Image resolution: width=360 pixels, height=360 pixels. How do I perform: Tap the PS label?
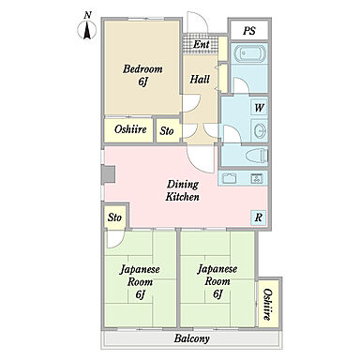pos(249,31)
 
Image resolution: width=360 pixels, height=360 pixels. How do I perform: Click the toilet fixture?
pos(257,156)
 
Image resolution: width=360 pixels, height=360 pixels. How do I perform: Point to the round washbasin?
pos(260,130)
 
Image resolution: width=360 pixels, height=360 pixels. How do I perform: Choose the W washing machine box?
pos(260,108)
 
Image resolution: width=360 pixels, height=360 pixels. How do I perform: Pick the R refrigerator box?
pos(259,217)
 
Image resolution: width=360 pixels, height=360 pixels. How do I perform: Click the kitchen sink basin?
pos(229,178)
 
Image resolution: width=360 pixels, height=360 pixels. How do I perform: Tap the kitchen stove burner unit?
pos(257,178)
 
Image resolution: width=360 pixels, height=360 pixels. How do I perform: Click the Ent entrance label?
pos(201,44)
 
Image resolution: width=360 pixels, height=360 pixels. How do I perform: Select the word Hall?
pos(200,79)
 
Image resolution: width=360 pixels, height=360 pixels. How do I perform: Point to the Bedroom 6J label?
pos(142,75)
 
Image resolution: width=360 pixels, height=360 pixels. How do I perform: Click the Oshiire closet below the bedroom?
pos(129,130)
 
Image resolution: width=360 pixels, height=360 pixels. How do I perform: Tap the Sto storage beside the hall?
pos(167,130)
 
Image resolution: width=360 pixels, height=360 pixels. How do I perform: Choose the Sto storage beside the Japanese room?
pos(114,217)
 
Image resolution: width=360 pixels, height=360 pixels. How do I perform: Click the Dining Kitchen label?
pos(183,190)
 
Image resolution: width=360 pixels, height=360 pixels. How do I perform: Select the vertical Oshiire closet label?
pos(266,304)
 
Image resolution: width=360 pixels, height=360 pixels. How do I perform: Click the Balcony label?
pos(192,338)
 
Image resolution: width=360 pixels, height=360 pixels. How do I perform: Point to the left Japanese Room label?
pos(140,282)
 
